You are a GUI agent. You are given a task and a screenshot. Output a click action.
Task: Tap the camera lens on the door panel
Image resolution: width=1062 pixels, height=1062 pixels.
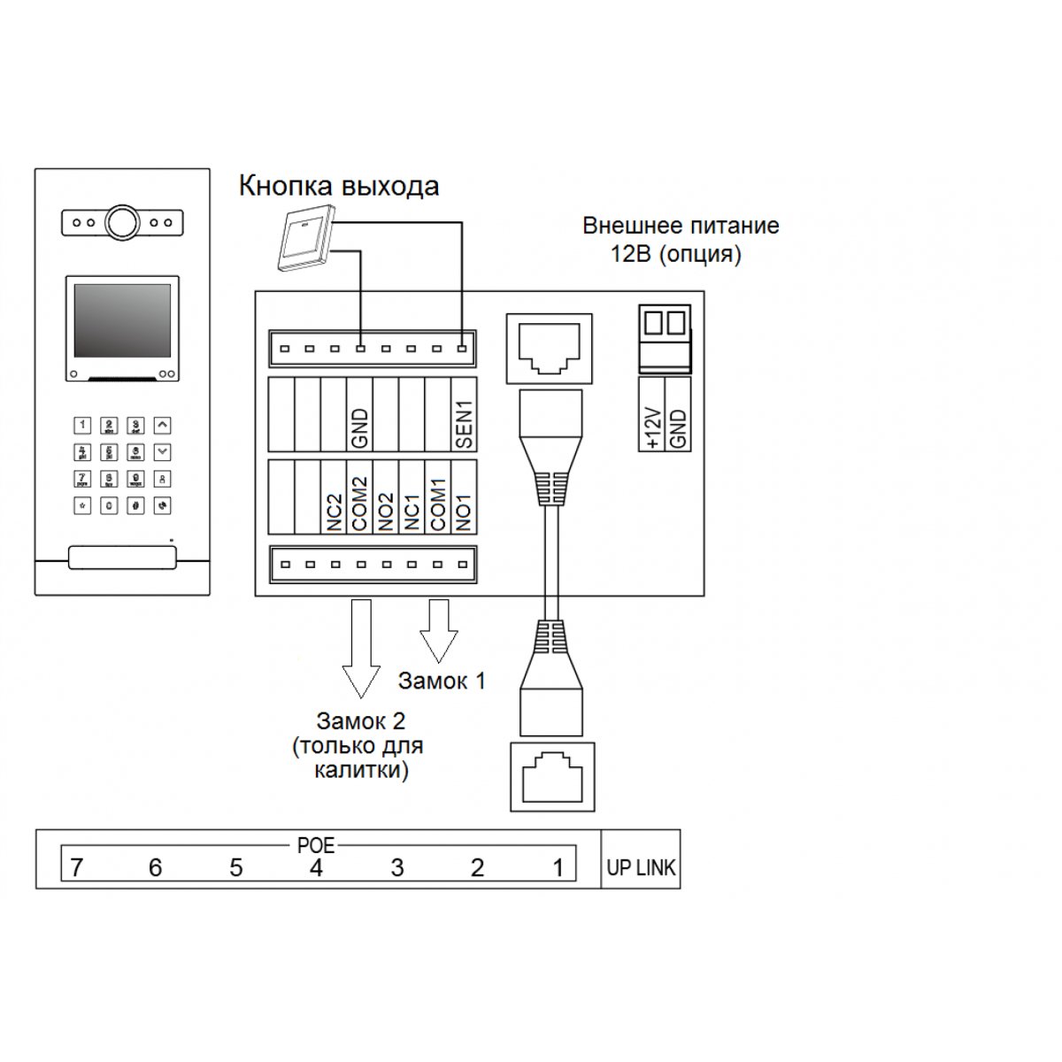tap(122, 222)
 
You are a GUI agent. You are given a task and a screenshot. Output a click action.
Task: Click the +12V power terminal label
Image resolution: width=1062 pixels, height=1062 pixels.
tap(651, 428)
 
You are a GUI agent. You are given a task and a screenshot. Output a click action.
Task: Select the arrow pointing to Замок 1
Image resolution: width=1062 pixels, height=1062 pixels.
tap(439, 631)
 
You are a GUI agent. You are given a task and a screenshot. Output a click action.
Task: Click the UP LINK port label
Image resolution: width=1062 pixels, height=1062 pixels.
tap(641, 868)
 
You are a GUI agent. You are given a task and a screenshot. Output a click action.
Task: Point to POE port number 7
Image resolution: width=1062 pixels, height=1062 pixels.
tap(76, 868)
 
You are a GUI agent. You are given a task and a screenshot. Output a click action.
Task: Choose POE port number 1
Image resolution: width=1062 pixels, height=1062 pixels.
tap(558, 868)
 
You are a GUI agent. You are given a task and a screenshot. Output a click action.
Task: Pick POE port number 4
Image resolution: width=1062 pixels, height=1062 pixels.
tap(316, 868)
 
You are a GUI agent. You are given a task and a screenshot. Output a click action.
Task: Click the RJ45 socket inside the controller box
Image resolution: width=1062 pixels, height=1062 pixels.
tap(548, 348)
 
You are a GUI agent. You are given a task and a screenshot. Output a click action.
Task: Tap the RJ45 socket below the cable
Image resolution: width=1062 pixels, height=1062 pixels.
tap(552, 777)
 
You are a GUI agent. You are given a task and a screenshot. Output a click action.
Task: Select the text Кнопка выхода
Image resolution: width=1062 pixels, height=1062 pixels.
tap(339, 187)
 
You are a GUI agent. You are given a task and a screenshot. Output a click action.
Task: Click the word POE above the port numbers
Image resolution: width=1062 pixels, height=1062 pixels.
tap(316, 845)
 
